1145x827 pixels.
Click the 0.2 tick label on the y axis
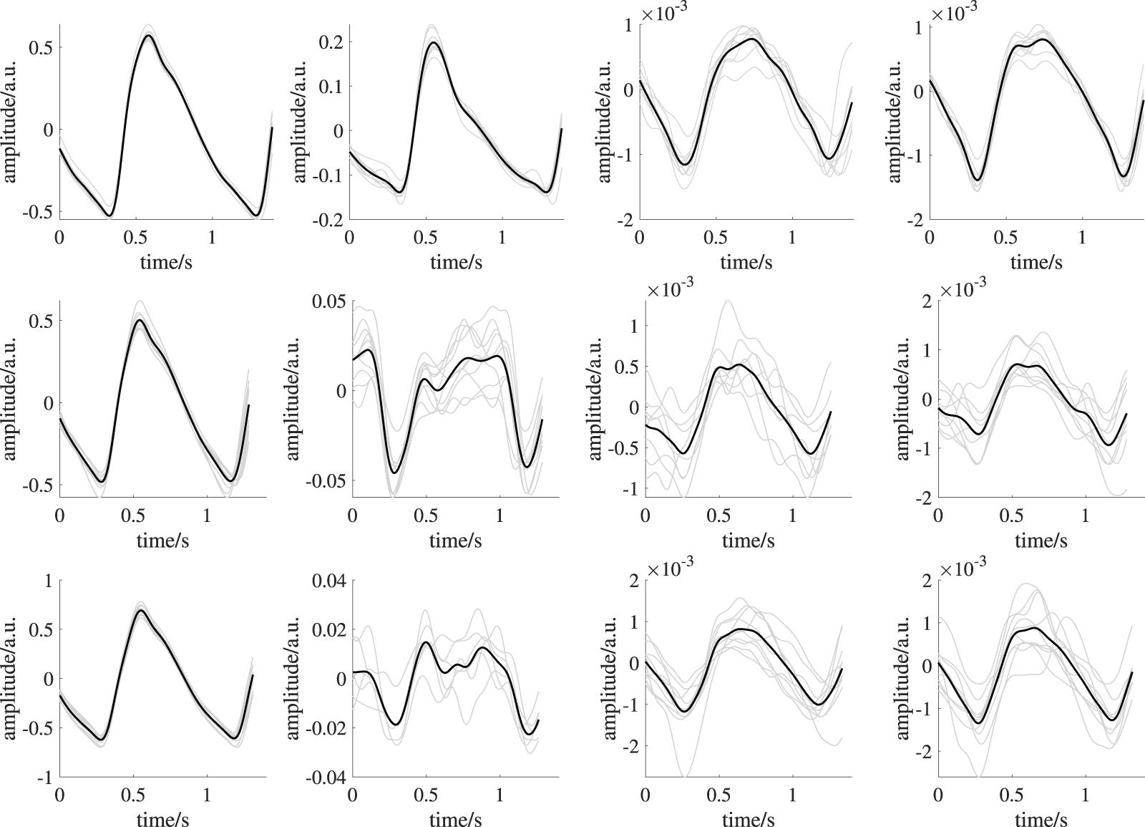coord(328,42)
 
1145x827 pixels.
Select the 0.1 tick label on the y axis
coord(328,86)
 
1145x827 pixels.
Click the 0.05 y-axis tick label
coord(327,301)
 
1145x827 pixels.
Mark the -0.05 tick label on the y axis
coord(324,480)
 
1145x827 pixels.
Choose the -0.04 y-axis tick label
coord(324,778)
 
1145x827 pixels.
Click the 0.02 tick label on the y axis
coord(327,629)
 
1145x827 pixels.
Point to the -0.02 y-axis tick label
coord(324,728)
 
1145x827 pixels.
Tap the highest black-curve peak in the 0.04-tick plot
coord(427,642)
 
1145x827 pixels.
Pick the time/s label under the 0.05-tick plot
coord(456,541)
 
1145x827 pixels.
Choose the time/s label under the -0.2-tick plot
coord(456,262)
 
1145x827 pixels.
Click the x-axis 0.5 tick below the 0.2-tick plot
coord(426,237)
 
